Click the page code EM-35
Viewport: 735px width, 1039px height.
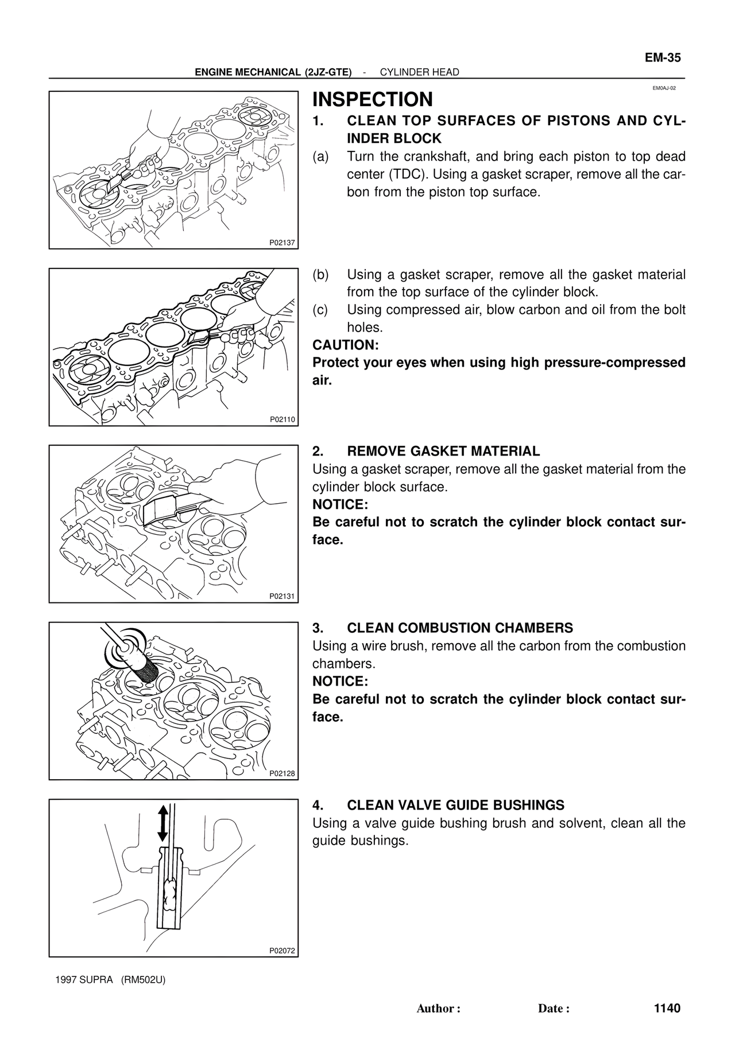point(662,58)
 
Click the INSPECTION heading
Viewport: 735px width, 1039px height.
point(372,99)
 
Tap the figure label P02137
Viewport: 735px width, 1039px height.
point(282,243)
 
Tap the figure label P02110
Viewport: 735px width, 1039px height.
point(282,419)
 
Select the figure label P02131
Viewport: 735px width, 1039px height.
point(282,596)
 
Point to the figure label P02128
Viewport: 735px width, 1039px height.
point(282,773)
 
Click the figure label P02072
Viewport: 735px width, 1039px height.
point(282,951)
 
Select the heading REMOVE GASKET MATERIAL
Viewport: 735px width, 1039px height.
point(443,451)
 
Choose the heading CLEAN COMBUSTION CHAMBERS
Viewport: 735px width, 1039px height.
point(460,628)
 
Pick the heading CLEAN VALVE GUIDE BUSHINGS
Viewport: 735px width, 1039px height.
point(455,805)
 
